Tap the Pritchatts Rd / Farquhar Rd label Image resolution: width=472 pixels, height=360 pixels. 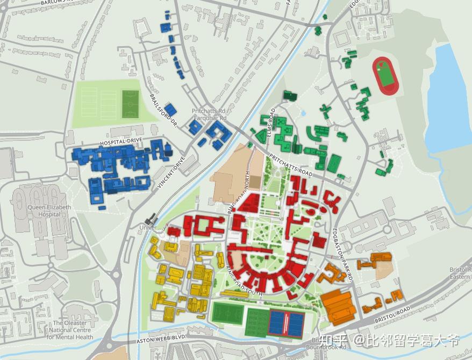click(x=209, y=114)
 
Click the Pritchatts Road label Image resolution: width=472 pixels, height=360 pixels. click(x=290, y=165)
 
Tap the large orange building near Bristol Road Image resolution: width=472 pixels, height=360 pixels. click(x=338, y=306)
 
